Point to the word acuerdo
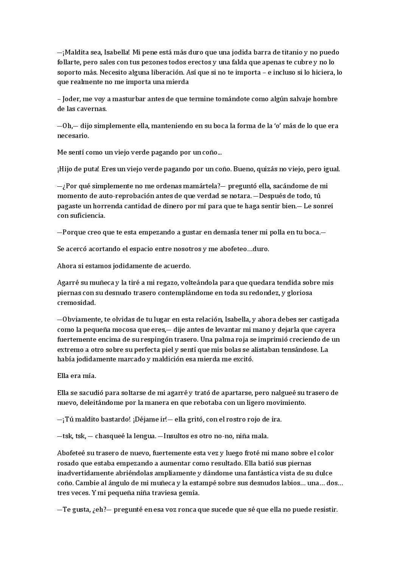(176, 266)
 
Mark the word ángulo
(124, 483)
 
